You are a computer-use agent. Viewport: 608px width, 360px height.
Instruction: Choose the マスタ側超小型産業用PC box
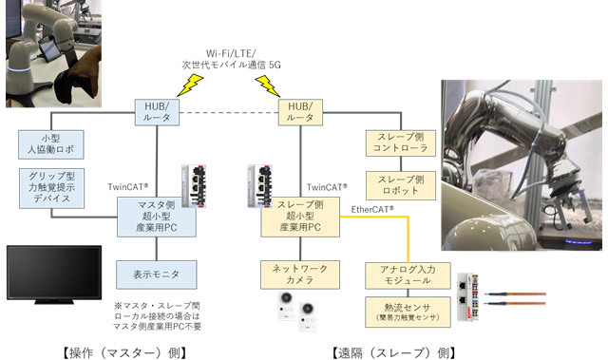pyautogui.click(x=156, y=218)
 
